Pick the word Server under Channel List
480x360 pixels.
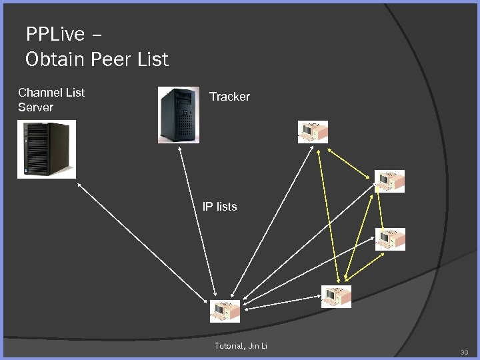point(35,107)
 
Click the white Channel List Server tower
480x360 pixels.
point(47,149)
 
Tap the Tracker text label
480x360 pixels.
point(229,97)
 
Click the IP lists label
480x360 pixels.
point(219,207)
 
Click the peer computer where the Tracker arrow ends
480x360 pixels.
point(225,311)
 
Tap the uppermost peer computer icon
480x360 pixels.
point(313,131)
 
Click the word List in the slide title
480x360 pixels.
point(150,59)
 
